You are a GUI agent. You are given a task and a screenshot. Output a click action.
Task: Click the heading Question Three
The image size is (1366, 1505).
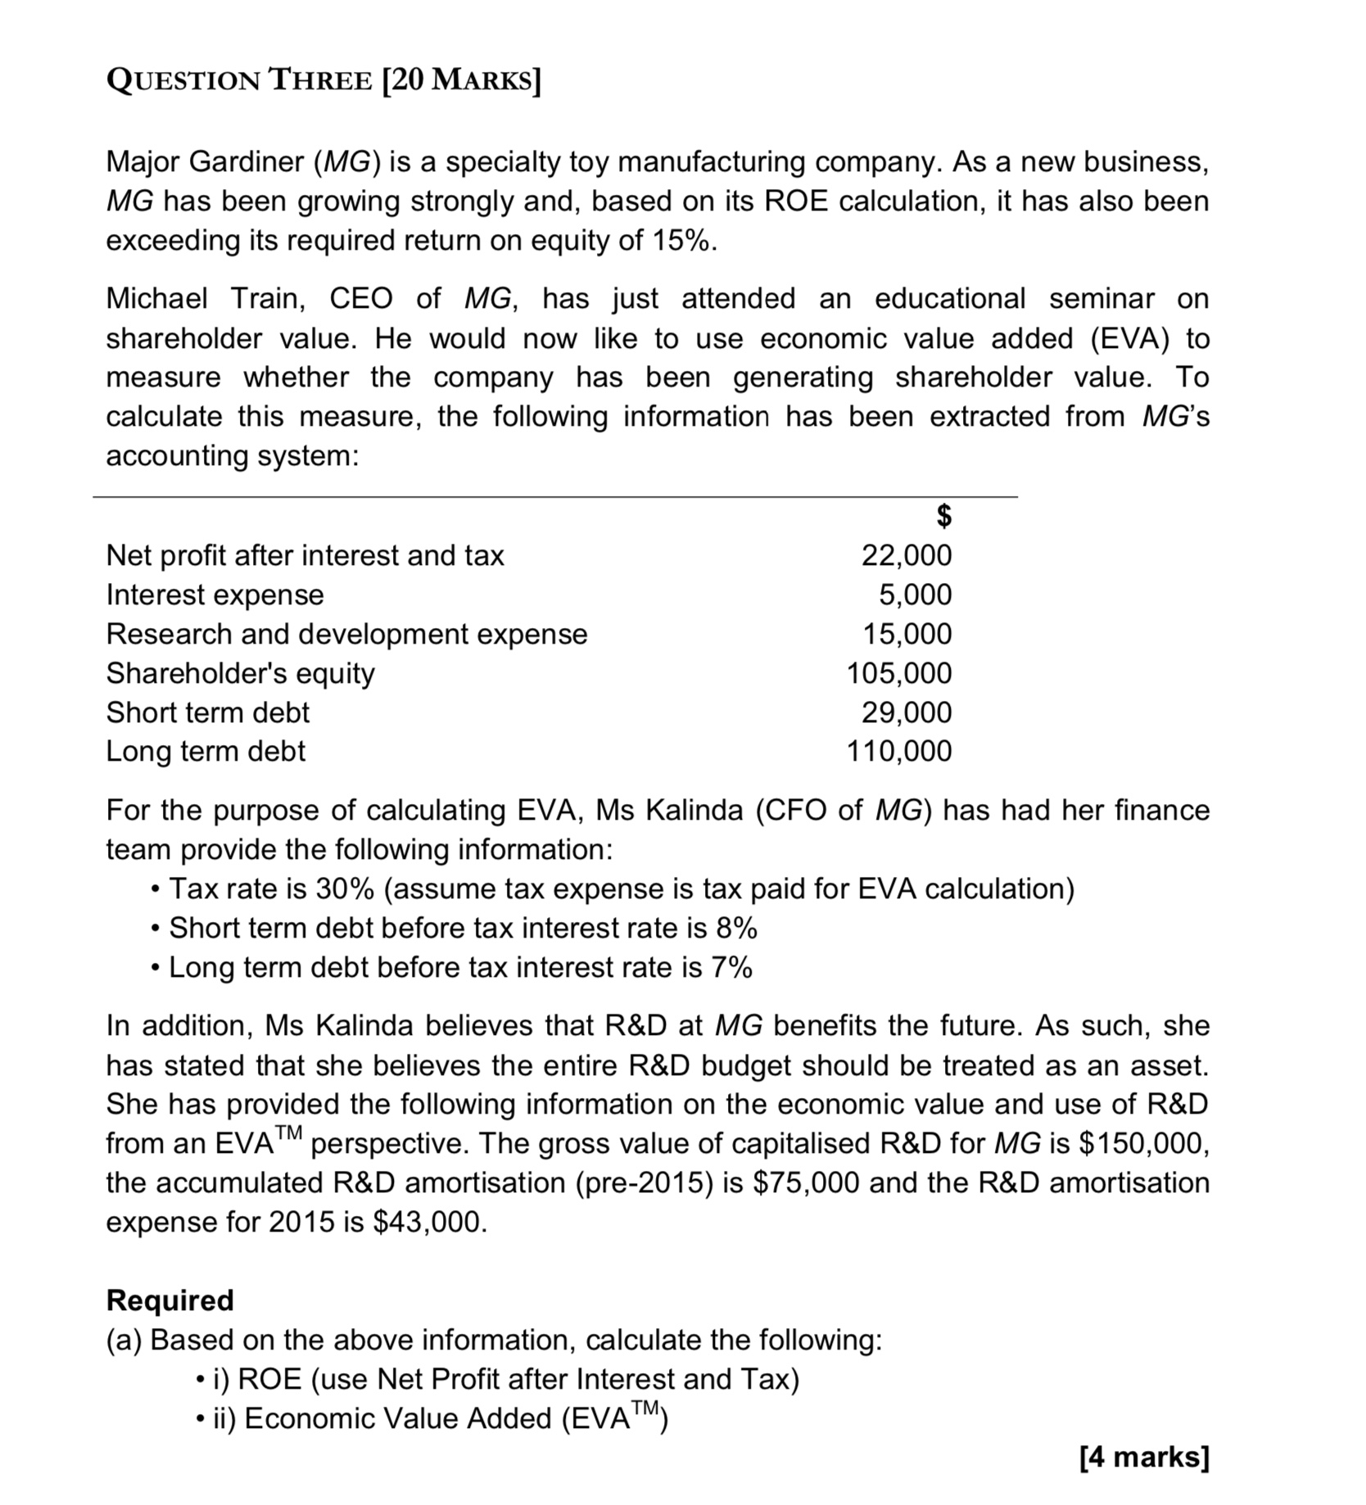click(x=323, y=80)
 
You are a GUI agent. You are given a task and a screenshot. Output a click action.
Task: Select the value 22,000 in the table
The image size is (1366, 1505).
click(x=906, y=555)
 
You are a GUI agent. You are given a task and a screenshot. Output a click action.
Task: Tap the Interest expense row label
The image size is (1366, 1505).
click(x=215, y=594)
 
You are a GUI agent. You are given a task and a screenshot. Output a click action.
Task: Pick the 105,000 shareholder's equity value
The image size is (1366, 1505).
click(x=898, y=673)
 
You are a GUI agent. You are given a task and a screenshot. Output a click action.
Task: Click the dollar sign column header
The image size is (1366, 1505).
click(x=943, y=516)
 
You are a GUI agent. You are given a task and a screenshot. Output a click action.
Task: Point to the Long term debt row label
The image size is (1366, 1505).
click(x=206, y=751)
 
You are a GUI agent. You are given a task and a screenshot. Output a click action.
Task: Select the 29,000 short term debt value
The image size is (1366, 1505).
click(x=906, y=712)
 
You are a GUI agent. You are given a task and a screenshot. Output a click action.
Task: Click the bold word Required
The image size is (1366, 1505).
click(x=170, y=1300)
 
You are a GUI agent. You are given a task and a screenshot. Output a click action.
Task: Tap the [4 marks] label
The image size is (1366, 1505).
click(x=1143, y=1458)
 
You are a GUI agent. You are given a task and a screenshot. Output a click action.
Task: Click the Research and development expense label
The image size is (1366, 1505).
click(x=346, y=634)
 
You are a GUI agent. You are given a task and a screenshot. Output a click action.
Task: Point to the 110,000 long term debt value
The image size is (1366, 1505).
click(x=898, y=751)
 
